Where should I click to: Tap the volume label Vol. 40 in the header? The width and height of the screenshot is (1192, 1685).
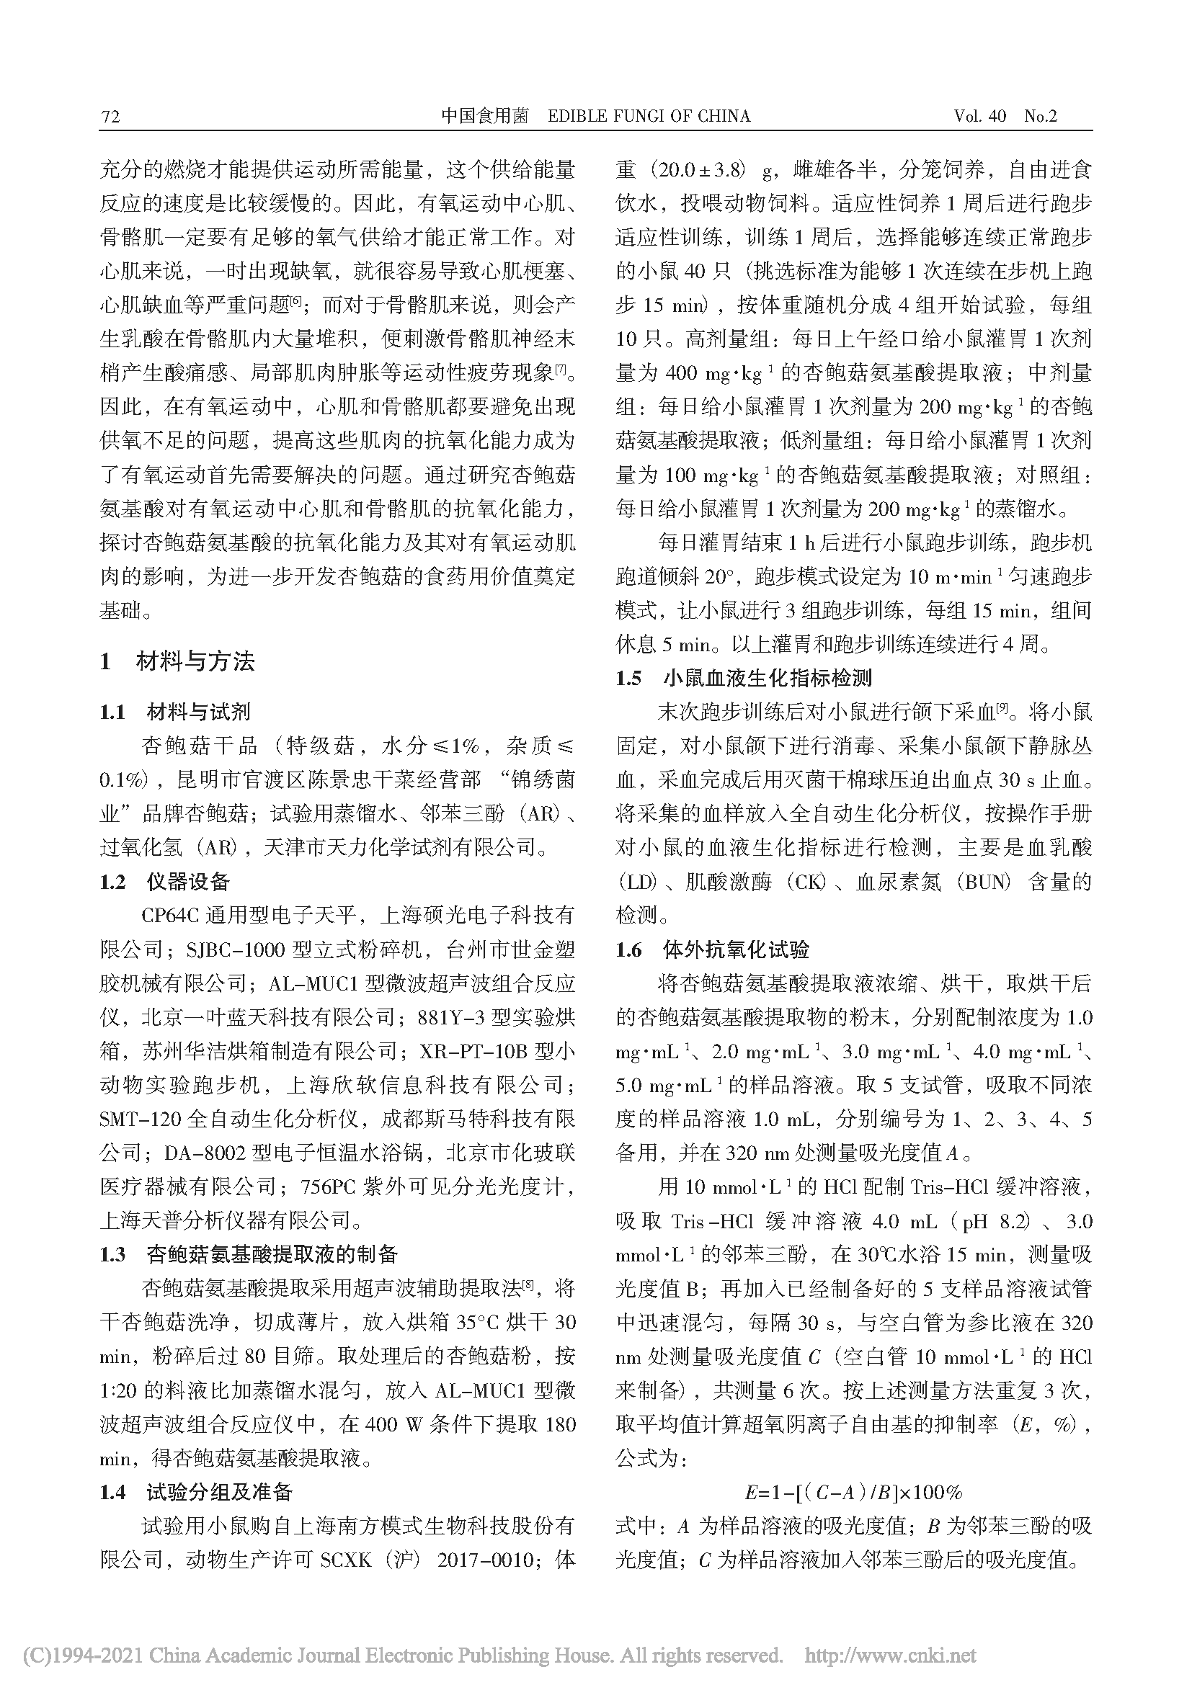pyautogui.click(x=980, y=117)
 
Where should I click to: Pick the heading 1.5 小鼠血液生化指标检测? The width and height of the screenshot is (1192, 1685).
pyautogui.click(x=744, y=677)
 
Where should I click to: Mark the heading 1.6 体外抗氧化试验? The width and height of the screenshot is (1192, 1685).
pyautogui.click(x=712, y=950)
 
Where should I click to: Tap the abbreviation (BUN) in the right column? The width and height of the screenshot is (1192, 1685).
pyautogui.click(x=984, y=883)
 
